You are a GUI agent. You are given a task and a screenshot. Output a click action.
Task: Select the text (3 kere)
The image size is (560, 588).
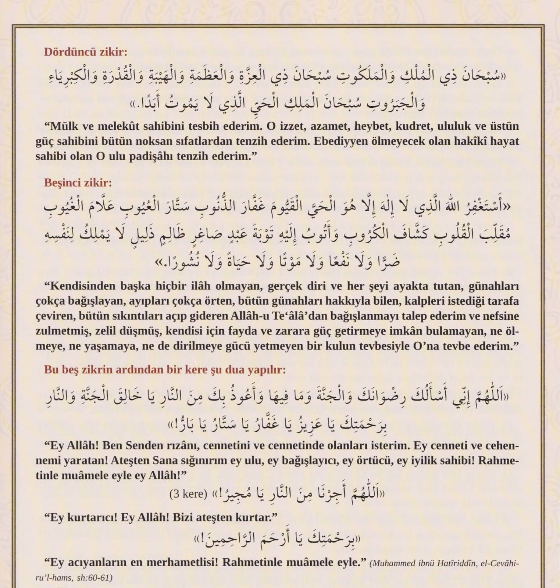188,494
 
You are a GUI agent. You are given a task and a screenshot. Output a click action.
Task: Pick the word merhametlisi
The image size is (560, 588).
182,562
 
